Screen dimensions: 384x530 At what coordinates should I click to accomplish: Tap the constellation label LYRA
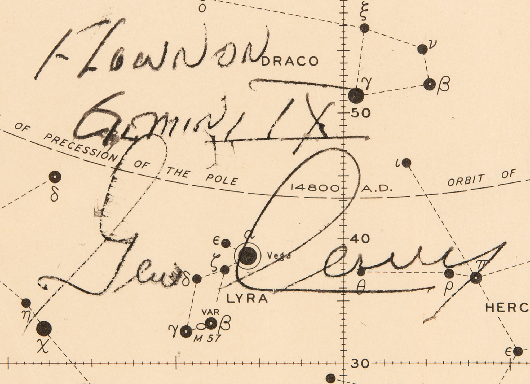point(247,299)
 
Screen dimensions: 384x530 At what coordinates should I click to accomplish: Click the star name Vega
point(279,256)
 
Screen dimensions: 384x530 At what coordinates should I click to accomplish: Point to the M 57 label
point(207,338)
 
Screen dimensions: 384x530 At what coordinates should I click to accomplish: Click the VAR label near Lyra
point(210,312)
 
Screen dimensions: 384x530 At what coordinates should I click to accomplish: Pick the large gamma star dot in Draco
point(356,96)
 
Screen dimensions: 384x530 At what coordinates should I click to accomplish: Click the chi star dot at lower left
point(44,329)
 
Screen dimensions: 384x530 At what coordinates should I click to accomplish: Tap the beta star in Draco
point(430,85)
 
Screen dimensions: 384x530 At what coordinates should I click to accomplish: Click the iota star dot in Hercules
point(407,163)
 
